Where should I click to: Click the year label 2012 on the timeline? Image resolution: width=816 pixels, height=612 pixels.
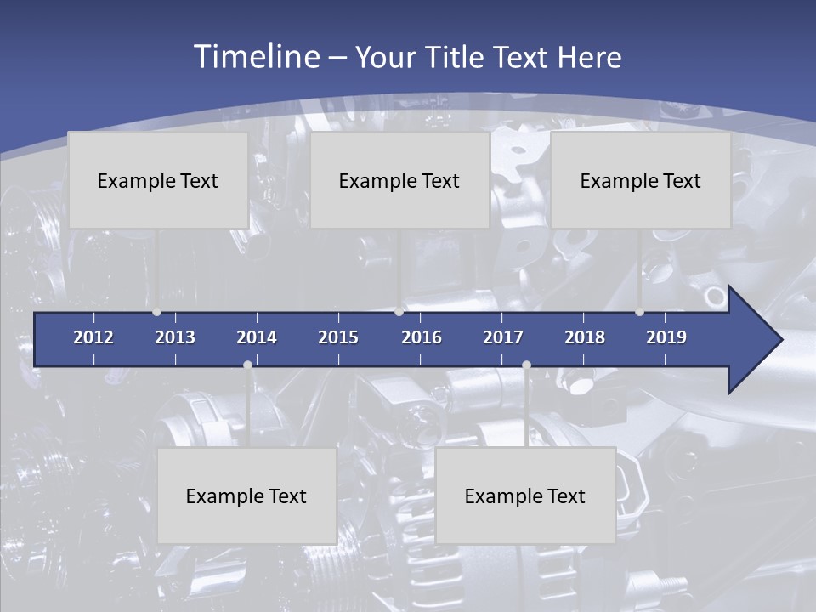(93, 337)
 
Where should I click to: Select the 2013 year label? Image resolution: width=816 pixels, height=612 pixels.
(175, 337)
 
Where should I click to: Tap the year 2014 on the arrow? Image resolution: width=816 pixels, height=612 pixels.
(257, 337)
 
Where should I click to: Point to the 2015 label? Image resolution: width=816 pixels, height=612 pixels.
(338, 337)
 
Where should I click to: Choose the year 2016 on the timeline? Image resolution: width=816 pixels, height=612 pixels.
(422, 337)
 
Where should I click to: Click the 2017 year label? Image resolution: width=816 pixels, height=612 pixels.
(503, 337)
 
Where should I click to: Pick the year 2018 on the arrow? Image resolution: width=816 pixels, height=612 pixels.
(585, 337)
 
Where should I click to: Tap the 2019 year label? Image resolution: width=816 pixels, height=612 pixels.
(666, 337)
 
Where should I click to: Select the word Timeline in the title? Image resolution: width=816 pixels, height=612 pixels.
(255, 57)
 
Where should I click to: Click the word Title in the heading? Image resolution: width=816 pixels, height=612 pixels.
(456, 58)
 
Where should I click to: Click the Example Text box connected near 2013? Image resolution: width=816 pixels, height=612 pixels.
(158, 180)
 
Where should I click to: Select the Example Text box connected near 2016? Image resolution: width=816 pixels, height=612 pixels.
(399, 180)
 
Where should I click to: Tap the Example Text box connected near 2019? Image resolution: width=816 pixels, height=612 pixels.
(641, 180)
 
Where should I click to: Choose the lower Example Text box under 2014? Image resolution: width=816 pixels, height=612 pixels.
(246, 496)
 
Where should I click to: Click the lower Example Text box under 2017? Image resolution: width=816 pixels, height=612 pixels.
(525, 496)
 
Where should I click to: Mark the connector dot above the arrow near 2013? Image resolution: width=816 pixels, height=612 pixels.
(157, 312)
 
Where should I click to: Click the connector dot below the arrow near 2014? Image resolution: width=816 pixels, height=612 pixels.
(247, 365)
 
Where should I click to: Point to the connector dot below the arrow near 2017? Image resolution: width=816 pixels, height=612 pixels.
(526, 365)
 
